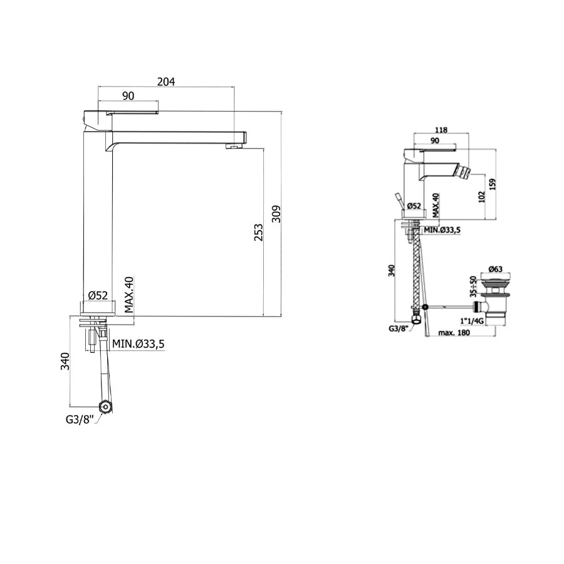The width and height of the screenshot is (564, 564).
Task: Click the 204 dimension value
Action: point(166,82)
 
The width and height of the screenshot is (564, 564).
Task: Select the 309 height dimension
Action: point(276,214)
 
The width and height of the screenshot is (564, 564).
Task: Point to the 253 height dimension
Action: point(259,232)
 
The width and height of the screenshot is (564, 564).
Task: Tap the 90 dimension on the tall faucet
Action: point(128,96)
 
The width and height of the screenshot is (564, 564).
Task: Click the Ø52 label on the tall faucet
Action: point(98,295)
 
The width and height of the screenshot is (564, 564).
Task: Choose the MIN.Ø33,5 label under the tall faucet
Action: point(138,344)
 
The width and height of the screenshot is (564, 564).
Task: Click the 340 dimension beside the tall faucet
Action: point(65,362)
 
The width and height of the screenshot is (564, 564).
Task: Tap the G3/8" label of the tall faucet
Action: point(80,419)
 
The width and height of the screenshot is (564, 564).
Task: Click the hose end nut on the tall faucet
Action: point(105,407)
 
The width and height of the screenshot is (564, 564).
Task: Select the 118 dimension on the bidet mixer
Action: point(441,130)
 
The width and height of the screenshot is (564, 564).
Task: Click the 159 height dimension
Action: point(493,184)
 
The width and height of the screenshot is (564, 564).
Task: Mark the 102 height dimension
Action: point(482,197)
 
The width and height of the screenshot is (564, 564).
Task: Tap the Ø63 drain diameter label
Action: point(495,269)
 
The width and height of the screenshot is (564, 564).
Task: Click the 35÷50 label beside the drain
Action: point(473,286)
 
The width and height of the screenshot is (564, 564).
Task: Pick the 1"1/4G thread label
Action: point(471,321)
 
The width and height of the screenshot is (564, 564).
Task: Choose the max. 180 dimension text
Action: point(454,333)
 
